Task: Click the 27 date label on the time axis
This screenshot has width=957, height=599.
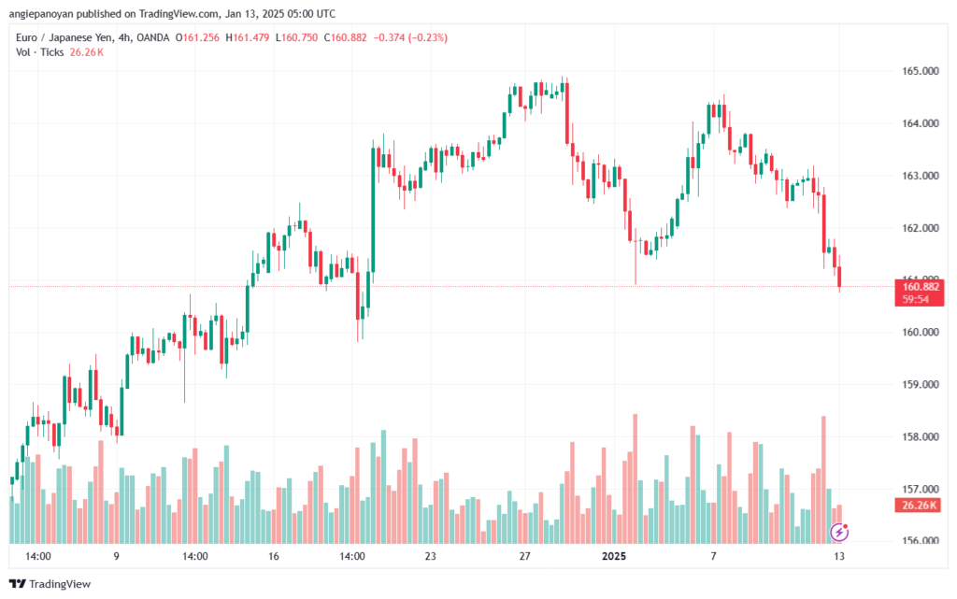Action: point(524,556)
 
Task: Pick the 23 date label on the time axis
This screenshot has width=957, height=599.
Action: point(430,556)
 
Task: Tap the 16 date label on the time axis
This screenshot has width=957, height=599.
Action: point(274,556)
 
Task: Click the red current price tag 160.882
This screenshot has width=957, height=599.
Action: point(921,287)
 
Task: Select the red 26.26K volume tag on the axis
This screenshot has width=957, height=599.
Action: point(921,506)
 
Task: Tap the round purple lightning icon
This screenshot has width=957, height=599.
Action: point(839,532)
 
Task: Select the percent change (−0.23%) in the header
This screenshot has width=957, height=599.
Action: point(424,37)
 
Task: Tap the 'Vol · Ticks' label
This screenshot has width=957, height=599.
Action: point(40,52)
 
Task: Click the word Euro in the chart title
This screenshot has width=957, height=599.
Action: point(28,37)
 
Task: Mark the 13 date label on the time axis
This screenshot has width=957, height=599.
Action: point(839,556)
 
